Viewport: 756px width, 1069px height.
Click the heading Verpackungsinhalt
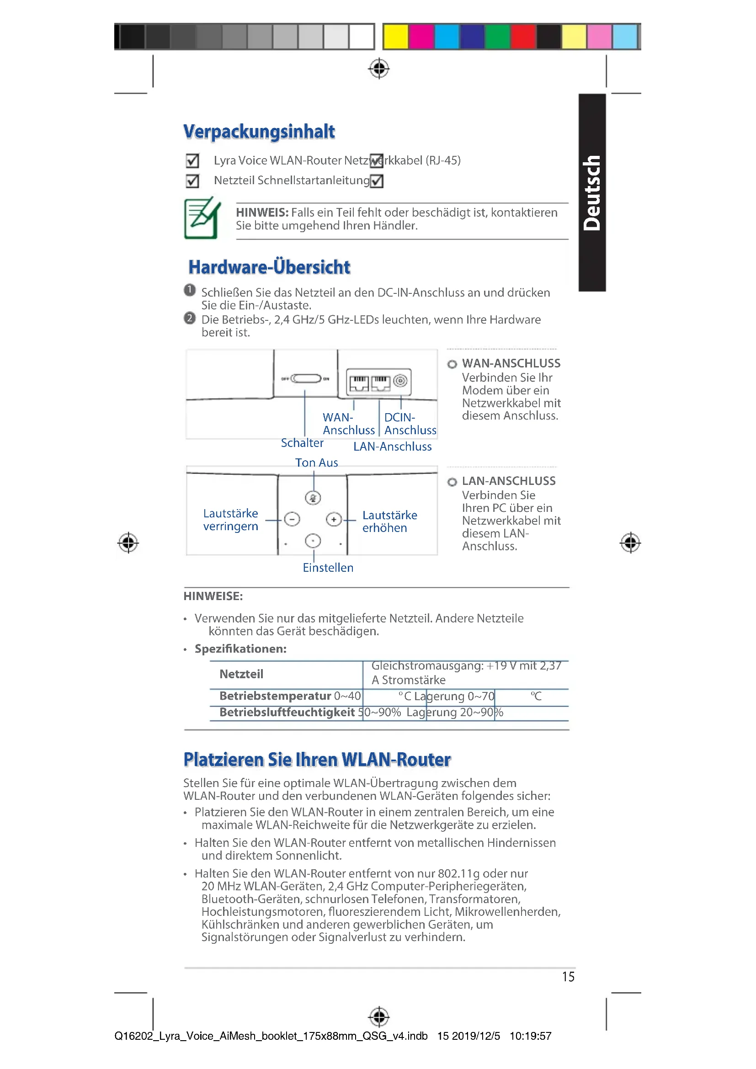[x=259, y=132]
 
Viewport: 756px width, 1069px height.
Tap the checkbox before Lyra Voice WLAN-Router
[x=192, y=160]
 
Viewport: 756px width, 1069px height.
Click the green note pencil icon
[x=202, y=218]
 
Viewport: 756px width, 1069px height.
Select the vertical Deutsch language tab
[x=591, y=193]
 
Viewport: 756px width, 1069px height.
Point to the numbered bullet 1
[x=190, y=290]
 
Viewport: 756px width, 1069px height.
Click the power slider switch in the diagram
[x=306, y=378]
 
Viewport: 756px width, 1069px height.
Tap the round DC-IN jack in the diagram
[x=400, y=380]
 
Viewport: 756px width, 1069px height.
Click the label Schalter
[x=302, y=443]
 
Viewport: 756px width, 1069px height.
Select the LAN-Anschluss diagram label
[x=392, y=447]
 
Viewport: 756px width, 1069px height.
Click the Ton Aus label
[x=317, y=463]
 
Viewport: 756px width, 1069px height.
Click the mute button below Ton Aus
[x=313, y=498]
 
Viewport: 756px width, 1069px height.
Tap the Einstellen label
[x=328, y=568]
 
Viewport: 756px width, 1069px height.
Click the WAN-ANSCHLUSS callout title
[x=511, y=363]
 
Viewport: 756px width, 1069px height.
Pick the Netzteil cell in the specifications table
[x=241, y=674]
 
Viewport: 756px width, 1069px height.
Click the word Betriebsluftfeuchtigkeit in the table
[x=287, y=713]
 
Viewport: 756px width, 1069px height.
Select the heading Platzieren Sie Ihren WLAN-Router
[x=317, y=760]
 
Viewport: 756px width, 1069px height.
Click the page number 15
[x=568, y=976]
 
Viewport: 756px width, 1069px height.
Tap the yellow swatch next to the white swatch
[x=395, y=36]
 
